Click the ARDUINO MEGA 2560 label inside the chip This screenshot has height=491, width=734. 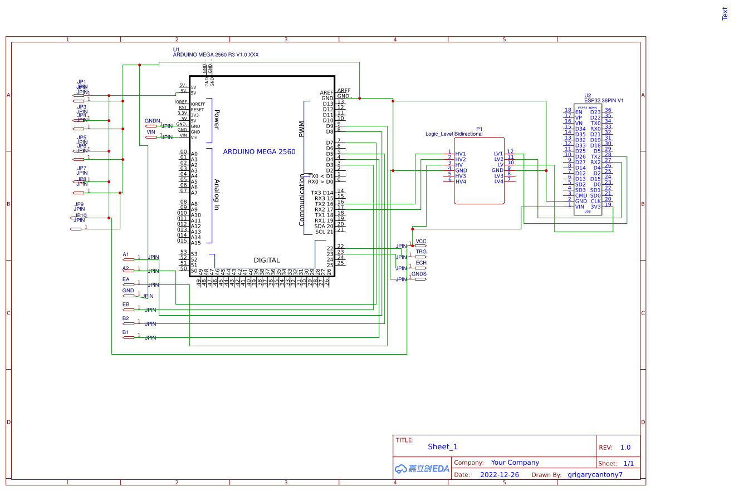259,151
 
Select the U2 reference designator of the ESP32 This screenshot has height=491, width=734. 588,95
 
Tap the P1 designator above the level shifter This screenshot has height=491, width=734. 479,129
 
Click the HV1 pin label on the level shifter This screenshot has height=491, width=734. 461,154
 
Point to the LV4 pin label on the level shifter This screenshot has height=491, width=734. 498,181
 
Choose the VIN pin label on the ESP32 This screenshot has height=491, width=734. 580,207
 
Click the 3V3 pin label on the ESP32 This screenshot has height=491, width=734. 595,207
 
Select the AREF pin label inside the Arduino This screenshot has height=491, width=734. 326,92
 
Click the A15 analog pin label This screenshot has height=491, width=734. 195,243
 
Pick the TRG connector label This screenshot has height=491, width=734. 420,252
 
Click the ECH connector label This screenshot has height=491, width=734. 420,263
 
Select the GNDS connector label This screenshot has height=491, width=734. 419,274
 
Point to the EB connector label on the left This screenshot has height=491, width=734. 126,305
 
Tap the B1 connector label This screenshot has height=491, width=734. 125,332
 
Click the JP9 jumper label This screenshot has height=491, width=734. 79,204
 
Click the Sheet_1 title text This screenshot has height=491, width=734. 442,446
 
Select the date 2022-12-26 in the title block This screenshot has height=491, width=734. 499,475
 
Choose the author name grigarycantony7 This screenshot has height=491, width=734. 595,475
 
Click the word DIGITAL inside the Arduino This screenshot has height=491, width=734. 267,260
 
